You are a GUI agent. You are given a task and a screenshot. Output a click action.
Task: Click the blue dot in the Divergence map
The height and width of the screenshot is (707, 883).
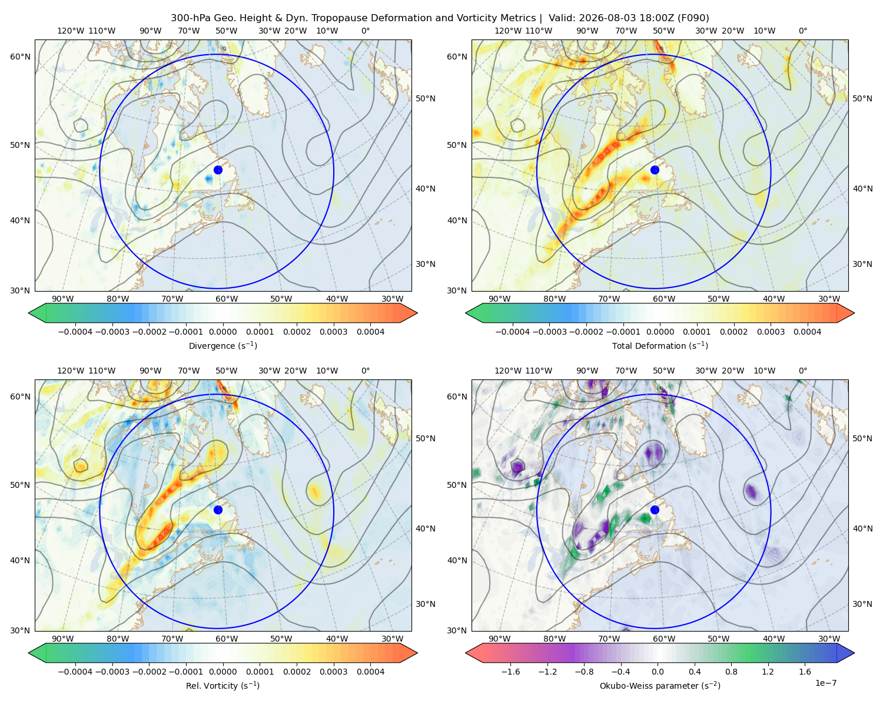coord(218,170)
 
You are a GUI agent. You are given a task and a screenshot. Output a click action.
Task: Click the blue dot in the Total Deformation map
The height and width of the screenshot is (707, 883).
coord(655,170)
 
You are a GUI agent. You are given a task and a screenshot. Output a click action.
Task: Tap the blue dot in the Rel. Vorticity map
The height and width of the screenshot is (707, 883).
coord(218,510)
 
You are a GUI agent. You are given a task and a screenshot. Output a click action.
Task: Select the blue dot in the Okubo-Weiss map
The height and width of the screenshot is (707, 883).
coord(655,510)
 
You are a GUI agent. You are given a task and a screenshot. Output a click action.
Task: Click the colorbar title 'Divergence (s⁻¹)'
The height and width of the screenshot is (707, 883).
coord(223,345)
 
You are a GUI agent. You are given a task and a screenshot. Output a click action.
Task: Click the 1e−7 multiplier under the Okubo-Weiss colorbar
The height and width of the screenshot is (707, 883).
coord(825,683)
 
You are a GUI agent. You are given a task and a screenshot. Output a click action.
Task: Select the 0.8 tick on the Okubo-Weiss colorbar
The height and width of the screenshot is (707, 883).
coord(731,672)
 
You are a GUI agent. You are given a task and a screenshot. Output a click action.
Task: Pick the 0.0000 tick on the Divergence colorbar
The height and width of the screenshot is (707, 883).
coord(223,332)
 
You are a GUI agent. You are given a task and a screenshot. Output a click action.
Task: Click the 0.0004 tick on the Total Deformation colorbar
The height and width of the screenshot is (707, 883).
coord(807,332)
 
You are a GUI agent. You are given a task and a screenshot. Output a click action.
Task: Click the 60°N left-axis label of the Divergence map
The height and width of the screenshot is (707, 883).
coord(20,57)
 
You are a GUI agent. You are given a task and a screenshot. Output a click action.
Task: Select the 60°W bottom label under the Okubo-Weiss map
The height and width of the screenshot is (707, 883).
coord(664,639)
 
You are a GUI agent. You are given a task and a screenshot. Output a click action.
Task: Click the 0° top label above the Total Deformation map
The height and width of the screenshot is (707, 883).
coord(802,31)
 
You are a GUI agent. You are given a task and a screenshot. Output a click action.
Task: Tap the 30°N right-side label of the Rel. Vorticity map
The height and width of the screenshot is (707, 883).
coord(426,604)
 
